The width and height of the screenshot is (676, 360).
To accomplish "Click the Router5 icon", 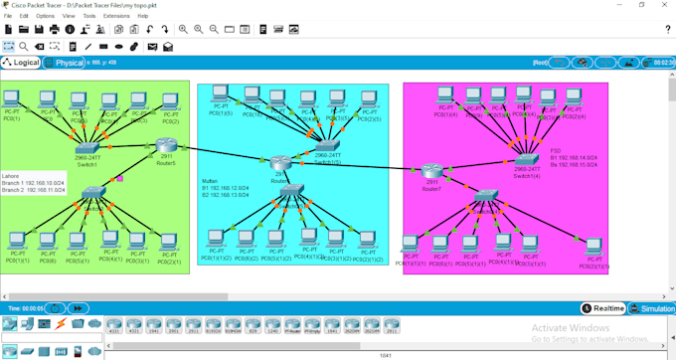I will tap(165, 147).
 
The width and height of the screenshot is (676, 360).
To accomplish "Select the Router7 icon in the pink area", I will tap(430, 171).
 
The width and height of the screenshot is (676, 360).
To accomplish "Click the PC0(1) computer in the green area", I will tap(12, 99).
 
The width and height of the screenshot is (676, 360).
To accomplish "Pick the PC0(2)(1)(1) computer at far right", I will tap(593, 247).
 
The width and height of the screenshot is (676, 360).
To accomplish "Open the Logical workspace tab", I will tap(21, 63).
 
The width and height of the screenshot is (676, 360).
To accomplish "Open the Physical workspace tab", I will tap(65, 63).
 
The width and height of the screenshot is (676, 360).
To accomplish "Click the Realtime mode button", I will tap(603, 308).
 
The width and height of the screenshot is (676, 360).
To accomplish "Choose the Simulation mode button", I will tap(652, 308).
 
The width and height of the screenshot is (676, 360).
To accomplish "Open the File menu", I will tap(8, 16).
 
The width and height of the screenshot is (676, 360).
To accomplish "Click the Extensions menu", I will tap(116, 16).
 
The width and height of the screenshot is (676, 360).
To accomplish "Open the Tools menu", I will tap(89, 16).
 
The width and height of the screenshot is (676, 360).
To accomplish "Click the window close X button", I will tap(665, 5).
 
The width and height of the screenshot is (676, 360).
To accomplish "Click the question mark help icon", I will tap(667, 30).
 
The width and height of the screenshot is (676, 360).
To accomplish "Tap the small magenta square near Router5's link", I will tap(120, 179).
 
